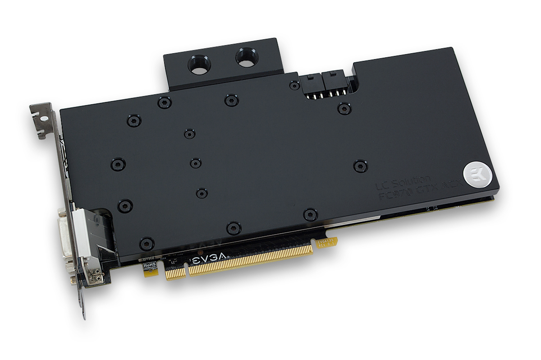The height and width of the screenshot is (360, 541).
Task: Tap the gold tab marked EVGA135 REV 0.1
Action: point(325,243)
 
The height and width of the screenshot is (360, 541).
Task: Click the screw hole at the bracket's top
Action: point(44,118)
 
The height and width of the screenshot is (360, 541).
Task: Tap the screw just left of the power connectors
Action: point(294,84)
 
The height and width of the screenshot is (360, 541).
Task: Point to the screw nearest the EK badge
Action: point(360,166)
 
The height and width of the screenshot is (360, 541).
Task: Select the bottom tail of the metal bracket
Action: point(83,306)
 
